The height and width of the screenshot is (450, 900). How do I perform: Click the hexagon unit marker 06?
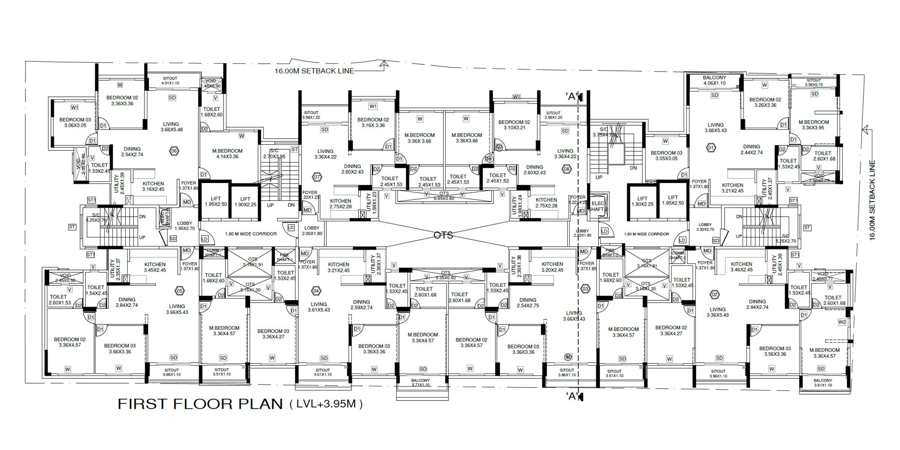pos(174,151)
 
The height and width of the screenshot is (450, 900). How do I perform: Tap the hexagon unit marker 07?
pos(317,177)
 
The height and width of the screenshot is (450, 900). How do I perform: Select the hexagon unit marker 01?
pos(711,147)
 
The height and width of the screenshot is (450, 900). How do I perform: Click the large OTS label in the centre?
pos(443,235)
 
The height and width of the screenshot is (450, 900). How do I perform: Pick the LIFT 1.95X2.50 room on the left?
pos(216,201)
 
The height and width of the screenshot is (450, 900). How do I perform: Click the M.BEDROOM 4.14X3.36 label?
pos(227,154)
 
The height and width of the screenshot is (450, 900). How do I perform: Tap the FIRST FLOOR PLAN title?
pos(200,404)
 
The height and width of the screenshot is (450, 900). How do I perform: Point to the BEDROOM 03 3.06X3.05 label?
pos(75,123)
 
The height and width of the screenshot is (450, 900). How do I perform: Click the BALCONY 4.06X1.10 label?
pos(714,80)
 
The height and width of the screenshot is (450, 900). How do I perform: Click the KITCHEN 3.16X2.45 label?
pos(153,186)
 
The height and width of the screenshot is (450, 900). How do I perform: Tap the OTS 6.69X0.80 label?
pos(444,196)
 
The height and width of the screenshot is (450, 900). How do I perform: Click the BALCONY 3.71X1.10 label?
pos(420,382)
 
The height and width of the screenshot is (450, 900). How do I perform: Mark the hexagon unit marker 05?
pos(180,291)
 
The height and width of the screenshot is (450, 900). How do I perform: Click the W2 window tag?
pos(842,322)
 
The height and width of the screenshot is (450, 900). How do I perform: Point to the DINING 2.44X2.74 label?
pos(751,150)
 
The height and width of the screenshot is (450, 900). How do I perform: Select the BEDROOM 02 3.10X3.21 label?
pos(514,124)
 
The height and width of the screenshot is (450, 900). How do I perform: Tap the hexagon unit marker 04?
pos(316,291)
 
